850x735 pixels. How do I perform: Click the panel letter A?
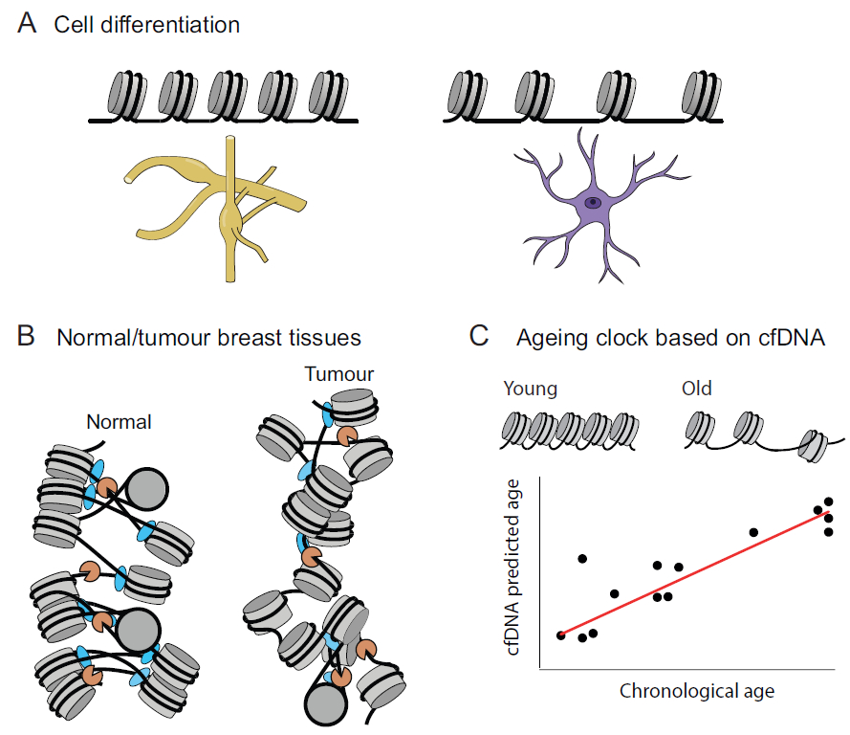click(28, 24)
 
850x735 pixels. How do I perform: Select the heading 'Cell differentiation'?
click(146, 25)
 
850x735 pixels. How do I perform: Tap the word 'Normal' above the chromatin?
click(119, 422)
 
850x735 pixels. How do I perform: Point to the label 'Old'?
click(695, 390)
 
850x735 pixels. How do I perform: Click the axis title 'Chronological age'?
click(696, 690)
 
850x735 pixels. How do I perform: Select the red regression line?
click(693, 573)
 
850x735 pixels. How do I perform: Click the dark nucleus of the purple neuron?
click(594, 202)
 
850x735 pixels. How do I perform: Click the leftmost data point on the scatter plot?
click(560, 635)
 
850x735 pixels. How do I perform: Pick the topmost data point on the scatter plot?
click(828, 501)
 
